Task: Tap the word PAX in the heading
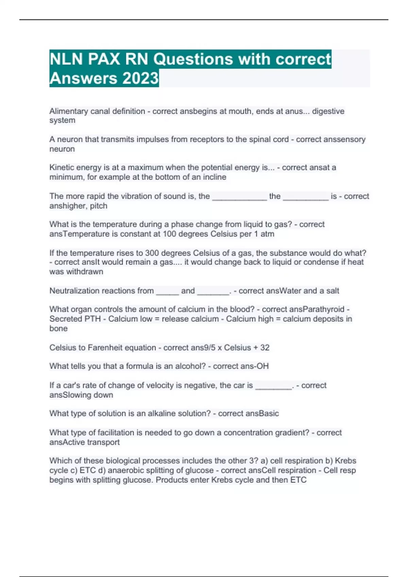[104, 59]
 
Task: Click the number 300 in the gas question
[152, 253]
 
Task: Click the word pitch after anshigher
[99, 206]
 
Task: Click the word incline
[215, 177]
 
